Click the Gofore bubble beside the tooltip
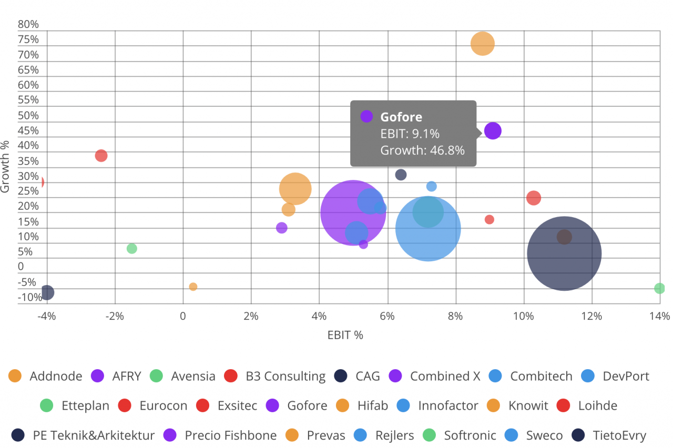point(493,131)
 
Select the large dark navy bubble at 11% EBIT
point(564,253)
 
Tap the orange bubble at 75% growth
point(483,44)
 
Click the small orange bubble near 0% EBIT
point(193,287)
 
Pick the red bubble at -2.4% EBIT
point(101,156)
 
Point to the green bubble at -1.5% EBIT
point(132,249)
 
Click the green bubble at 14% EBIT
point(659,288)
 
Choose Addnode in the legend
point(46,376)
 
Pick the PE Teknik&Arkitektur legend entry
point(84,435)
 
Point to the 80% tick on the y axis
point(28,24)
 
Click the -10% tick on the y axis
point(30,298)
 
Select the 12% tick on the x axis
point(592,316)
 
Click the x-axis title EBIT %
point(345,335)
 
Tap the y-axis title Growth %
point(6,166)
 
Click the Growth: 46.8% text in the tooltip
point(422,150)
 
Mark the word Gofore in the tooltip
point(401,117)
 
